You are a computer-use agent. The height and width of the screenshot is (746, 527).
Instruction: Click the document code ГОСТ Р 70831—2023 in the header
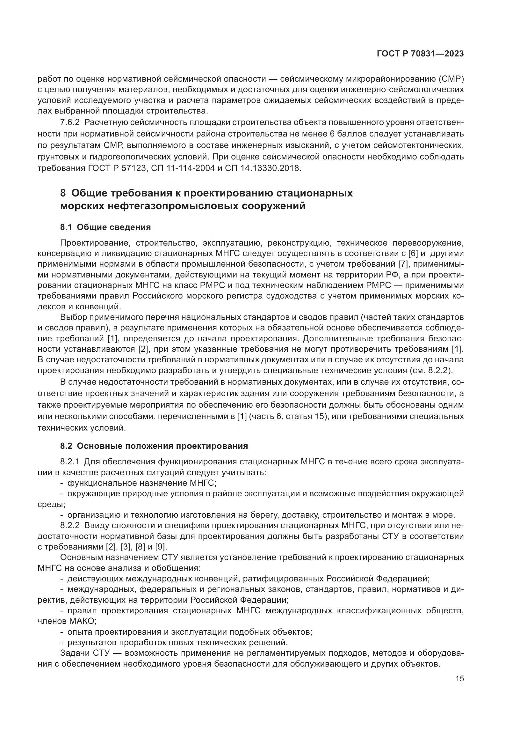pos(420,54)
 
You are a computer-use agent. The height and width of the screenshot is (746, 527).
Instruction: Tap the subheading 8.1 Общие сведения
pos(105,227)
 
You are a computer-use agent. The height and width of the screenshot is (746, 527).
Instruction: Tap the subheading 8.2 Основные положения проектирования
pos(154,446)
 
